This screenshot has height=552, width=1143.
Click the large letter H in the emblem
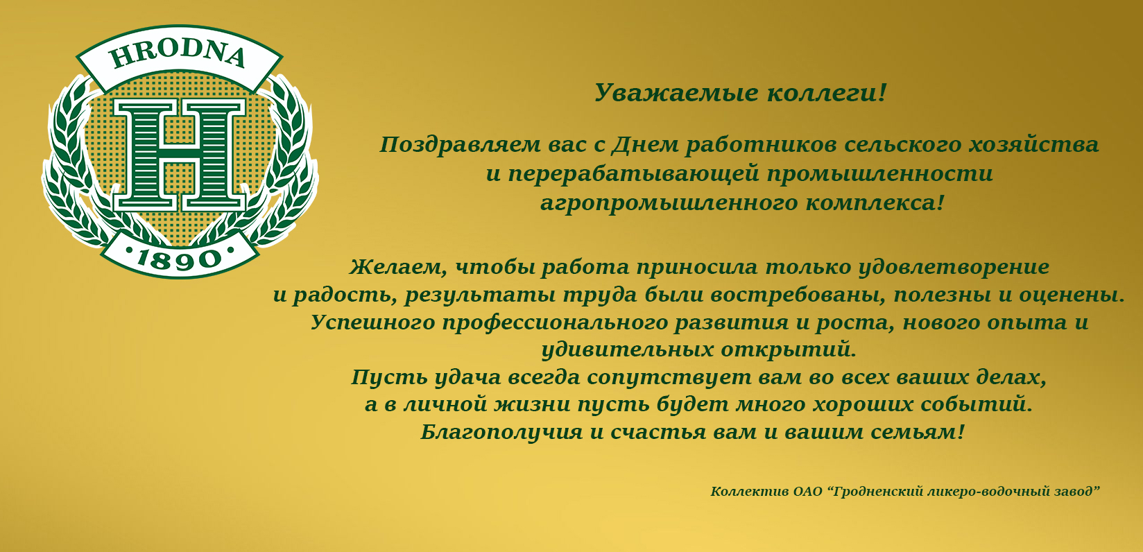pos(179,155)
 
